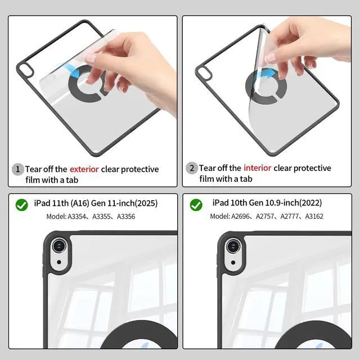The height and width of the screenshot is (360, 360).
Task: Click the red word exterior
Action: pyautogui.click(x=84, y=169)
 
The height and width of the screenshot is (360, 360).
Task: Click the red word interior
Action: pyautogui.click(x=258, y=168)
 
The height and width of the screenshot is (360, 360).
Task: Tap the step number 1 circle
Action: pyautogui.click(x=17, y=169)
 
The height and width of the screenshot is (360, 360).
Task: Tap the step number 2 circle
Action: pyautogui.click(x=191, y=168)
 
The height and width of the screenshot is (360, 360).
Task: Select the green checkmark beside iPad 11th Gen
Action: pyautogui.click(x=22, y=205)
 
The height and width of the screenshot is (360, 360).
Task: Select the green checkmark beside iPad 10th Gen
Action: pyautogui.click(x=196, y=205)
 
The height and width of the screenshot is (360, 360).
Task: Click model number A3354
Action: pyautogui.click(x=76, y=217)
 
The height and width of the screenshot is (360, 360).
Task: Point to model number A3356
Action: pyautogui.click(x=126, y=217)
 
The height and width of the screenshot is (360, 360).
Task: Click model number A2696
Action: pyautogui.click(x=241, y=216)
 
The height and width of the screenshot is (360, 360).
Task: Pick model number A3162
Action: pyautogui.click(x=314, y=216)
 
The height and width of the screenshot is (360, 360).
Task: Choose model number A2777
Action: pyautogui.click(x=290, y=216)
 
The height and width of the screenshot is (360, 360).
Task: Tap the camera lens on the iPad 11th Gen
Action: pyautogui.click(x=59, y=246)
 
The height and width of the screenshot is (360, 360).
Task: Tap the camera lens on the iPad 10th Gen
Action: pyautogui.click(x=233, y=246)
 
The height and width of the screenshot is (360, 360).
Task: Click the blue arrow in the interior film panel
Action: pyautogui.click(x=268, y=74)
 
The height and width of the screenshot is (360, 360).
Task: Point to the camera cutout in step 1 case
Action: pyautogui.click(x=26, y=70)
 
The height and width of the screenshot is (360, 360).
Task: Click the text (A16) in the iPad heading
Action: pyautogui.click(x=80, y=203)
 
